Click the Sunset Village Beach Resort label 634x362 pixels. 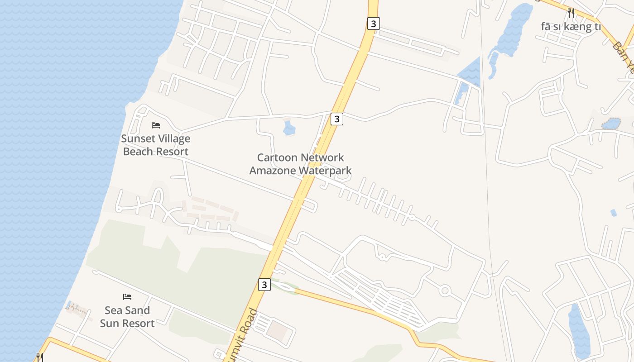click(155, 145)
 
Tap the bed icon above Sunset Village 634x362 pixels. click(156, 125)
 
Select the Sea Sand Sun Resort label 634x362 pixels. click(127, 317)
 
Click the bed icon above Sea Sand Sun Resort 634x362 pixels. click(127, 297)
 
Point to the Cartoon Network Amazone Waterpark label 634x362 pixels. click(300, 164)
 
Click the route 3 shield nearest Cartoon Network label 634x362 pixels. click(336, 119)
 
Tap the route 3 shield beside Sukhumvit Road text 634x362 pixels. click(264, 285)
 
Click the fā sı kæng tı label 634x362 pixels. click(571, 27)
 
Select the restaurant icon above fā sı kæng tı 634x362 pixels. click(571, 13)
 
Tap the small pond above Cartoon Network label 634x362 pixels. click(289, 128)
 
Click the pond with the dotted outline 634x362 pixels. click(611, 124)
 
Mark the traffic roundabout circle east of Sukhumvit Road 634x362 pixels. click(445, 291)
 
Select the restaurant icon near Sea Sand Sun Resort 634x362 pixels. click(39, 357)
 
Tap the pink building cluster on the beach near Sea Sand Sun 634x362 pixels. click(75, 308)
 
